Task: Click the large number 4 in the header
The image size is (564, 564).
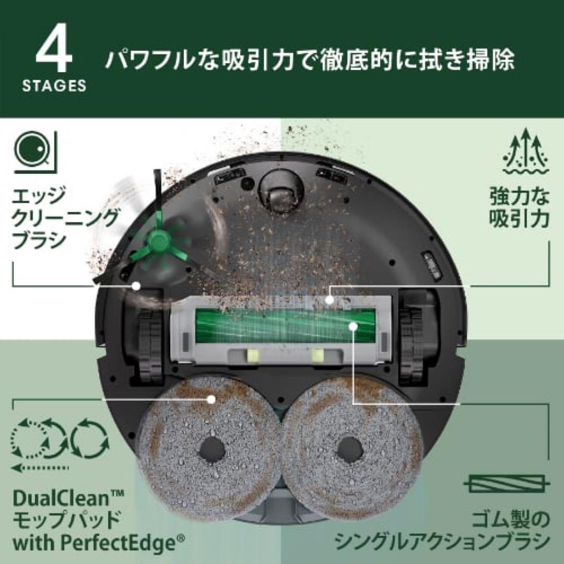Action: (x=54, y=51)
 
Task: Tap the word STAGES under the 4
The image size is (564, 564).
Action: (x=54, y=86)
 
